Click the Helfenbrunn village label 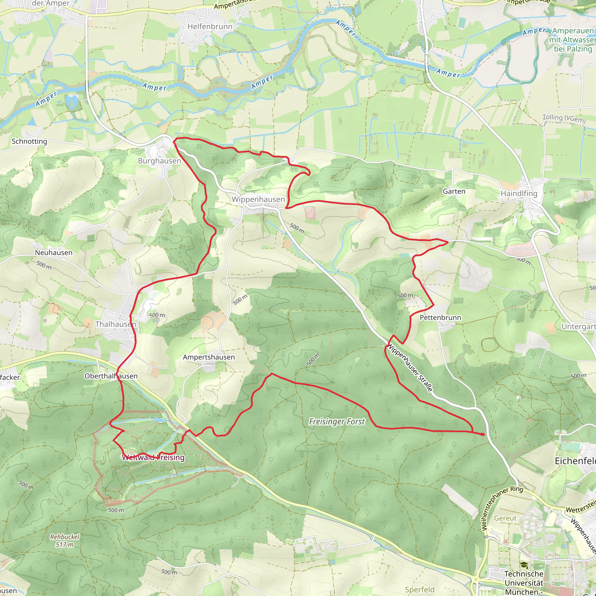[210, 26]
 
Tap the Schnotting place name [29, 141]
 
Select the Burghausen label [159, 161]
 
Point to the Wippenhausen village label [258, 199]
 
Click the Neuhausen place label [54, 253]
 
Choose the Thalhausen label [115, 324]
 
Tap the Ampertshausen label [209, 357]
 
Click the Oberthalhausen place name [111, 376]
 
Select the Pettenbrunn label [440, 318]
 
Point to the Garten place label [454, 191]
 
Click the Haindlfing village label [519, 194]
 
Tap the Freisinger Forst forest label [337, 422]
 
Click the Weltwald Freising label [153, 457]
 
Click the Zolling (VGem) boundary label [564, 118]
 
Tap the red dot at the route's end [483, 434]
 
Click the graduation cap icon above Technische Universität [524, 565]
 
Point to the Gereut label [505, 518]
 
